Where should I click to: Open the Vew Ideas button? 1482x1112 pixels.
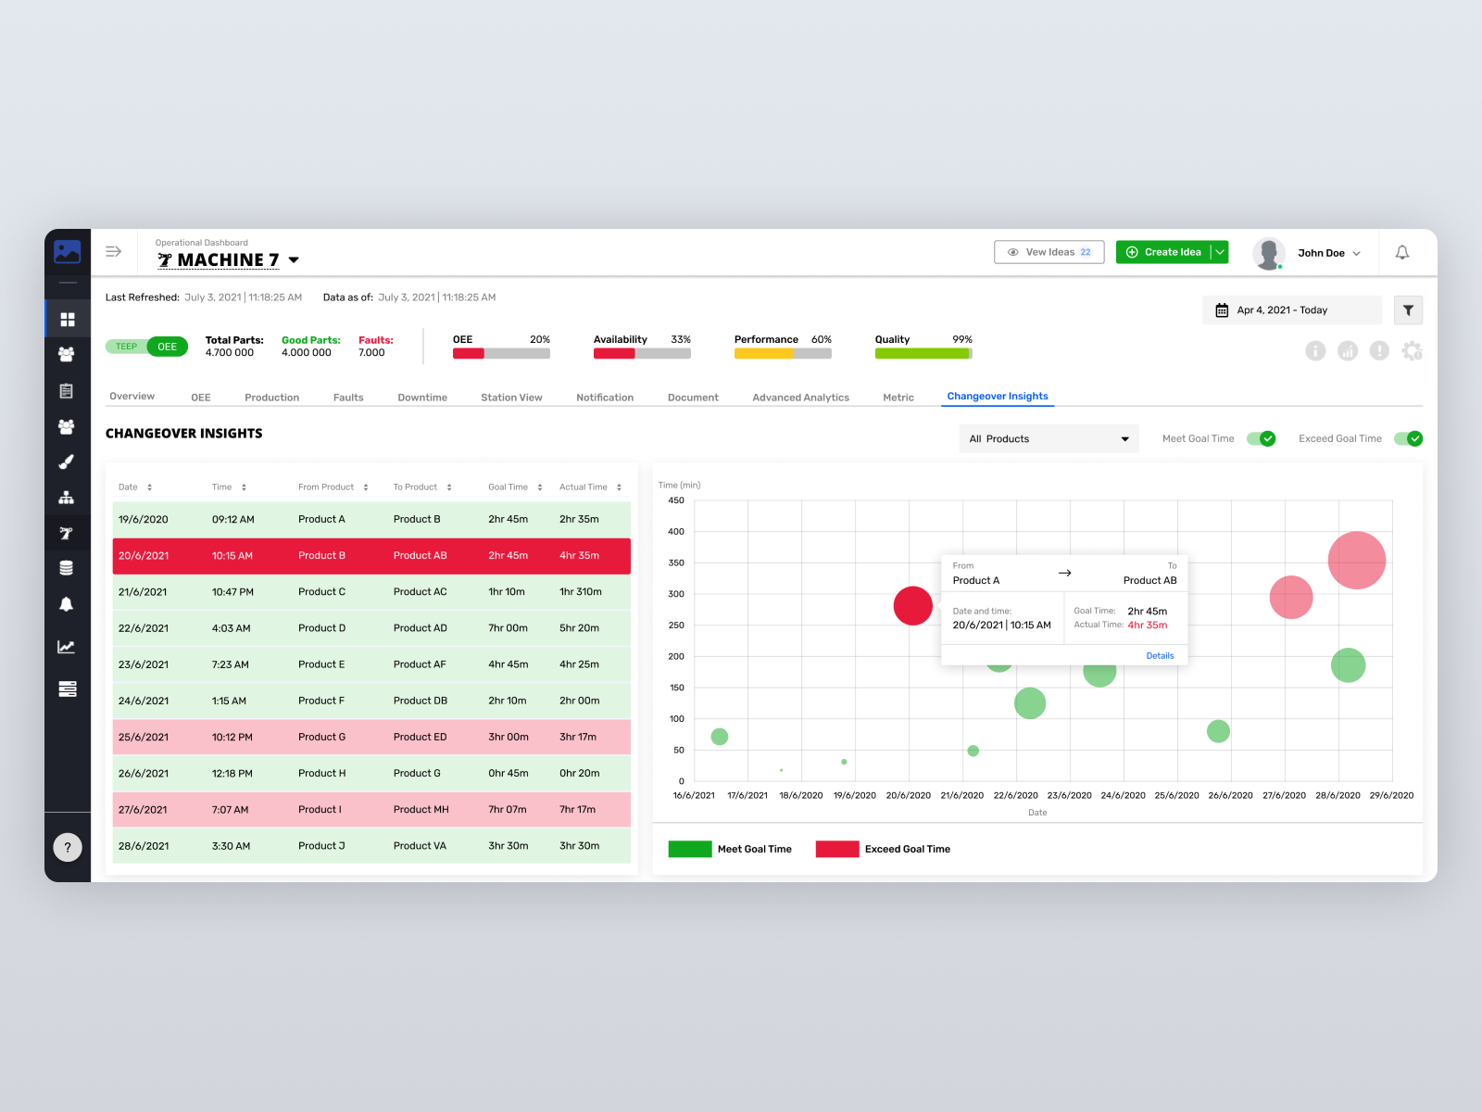1049,252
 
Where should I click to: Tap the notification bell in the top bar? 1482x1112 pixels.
1402,252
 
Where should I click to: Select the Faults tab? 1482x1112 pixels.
348,398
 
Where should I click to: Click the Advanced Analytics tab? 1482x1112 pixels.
800,398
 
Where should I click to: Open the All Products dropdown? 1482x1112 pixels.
1049,439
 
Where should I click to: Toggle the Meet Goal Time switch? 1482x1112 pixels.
1261,439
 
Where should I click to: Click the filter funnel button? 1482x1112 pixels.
1408,310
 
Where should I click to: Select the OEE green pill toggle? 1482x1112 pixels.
168,347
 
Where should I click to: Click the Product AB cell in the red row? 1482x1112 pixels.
420,556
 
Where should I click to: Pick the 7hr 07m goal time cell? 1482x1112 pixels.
508,810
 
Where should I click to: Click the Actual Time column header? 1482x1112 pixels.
584,487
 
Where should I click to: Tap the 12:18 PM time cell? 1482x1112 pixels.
232,774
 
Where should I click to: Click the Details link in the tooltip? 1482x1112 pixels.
1160,656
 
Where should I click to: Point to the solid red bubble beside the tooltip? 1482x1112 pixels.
912,606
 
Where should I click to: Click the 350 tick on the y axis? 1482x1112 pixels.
676,562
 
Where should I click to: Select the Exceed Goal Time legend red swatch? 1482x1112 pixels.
837,849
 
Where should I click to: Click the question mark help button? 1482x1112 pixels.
68,847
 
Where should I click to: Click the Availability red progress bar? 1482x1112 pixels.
613,353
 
